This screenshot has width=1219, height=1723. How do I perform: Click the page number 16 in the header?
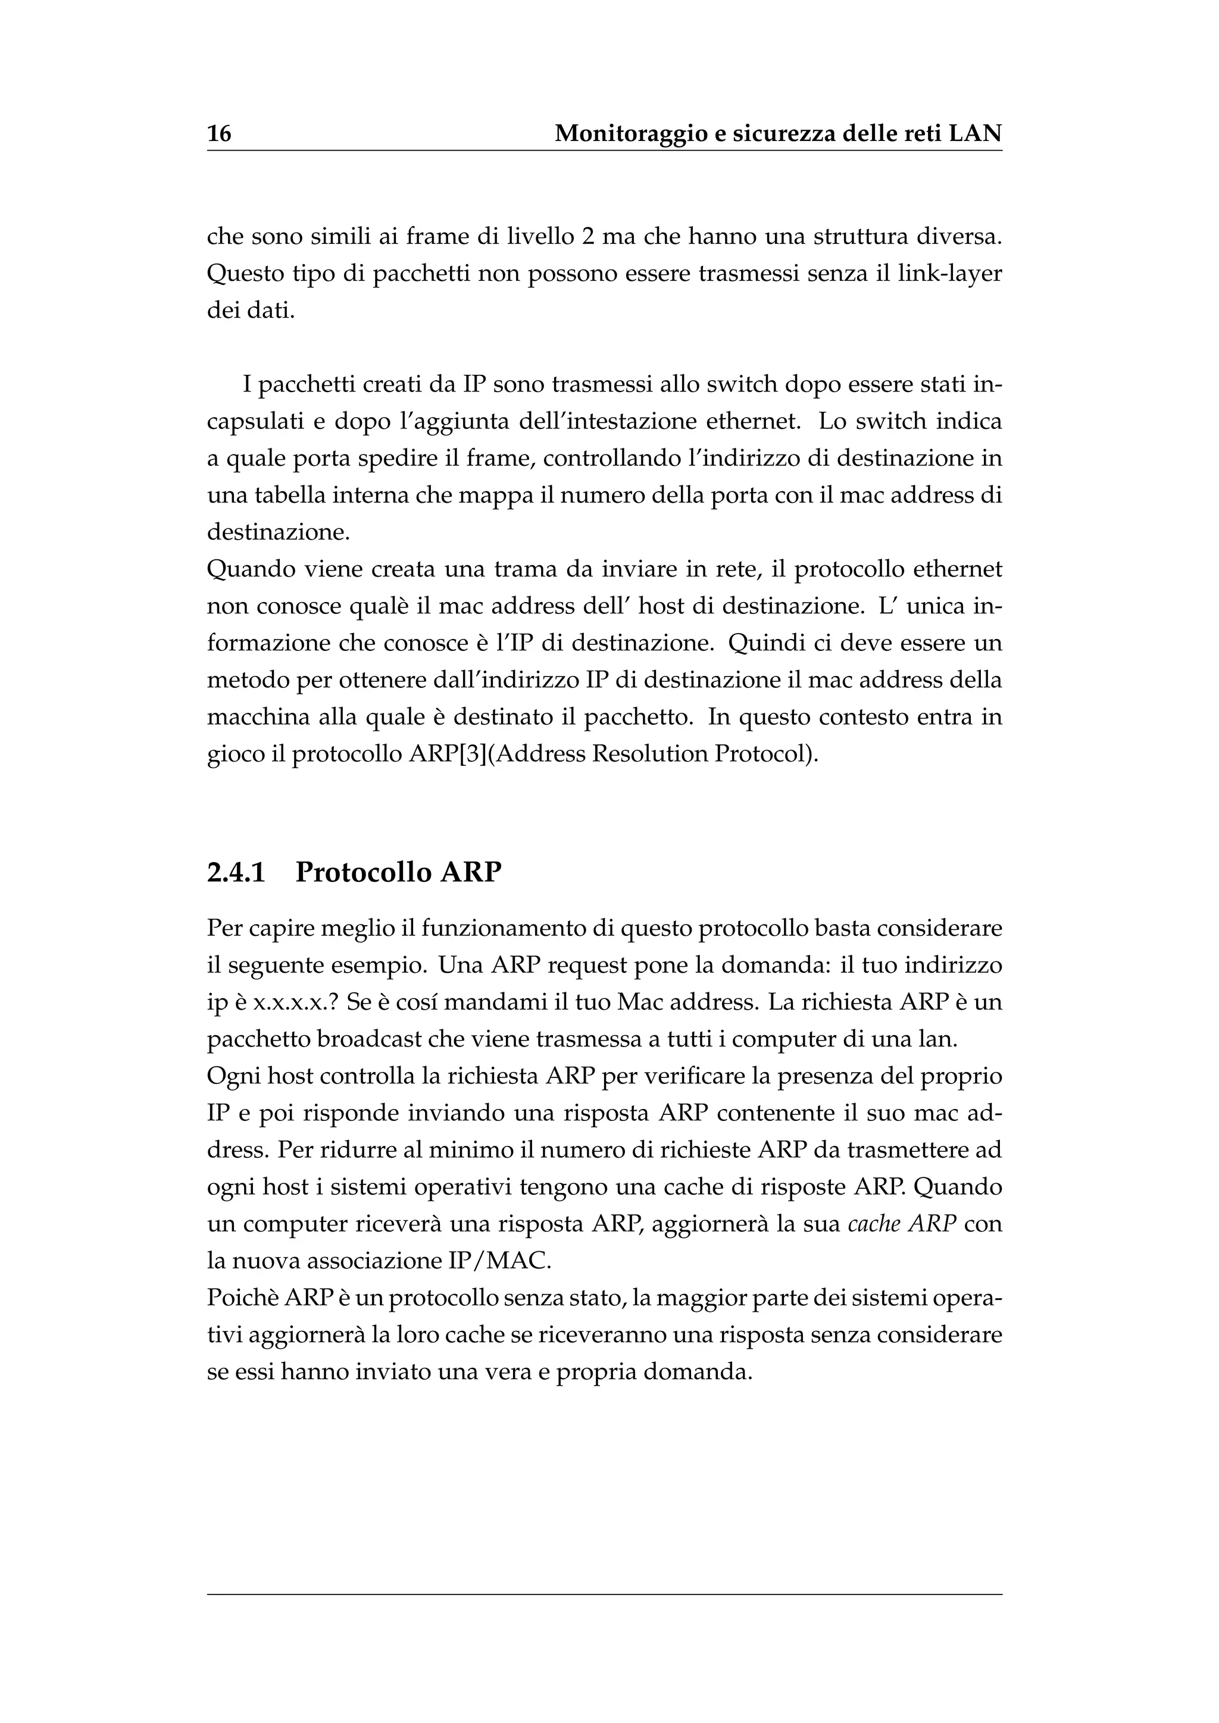(219, 134)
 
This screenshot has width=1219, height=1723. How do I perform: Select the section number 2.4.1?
(236, 872)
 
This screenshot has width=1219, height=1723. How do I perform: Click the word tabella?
(290, 495)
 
